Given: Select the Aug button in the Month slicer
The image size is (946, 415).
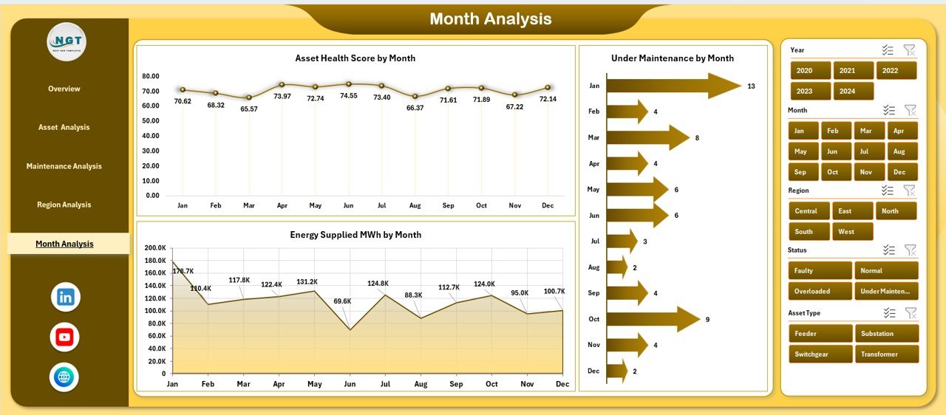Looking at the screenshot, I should [x=899, y=151].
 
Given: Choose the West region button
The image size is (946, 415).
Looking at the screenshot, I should [x=852, y=232].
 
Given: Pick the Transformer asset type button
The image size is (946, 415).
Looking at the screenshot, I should [x=886, y=354].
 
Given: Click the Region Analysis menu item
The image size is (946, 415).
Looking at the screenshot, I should [x=64, y=205].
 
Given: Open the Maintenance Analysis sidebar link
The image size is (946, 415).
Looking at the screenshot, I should [x=64, y=166].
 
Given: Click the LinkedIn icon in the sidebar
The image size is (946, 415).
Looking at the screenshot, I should [x=65, y=298].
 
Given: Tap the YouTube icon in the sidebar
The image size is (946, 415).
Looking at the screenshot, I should [x=64, y=337].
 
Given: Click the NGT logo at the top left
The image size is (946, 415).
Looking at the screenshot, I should [x=67, y=41].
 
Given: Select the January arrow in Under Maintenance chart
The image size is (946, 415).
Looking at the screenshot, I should [x=673, y=86].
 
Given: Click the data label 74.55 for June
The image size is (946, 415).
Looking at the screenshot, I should [x=349, y=96].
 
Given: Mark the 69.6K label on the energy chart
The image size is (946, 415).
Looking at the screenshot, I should [x=342, y=301].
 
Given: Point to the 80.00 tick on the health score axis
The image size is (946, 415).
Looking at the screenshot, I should [x=151, y=76].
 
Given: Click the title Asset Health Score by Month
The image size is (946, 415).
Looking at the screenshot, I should [x=355, y=58].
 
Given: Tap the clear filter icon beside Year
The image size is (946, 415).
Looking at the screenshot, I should [x=910, y=50].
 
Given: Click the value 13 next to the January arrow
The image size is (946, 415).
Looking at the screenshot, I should [x=751, y=86].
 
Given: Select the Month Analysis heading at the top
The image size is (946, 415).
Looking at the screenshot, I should [x=490, y=19].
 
